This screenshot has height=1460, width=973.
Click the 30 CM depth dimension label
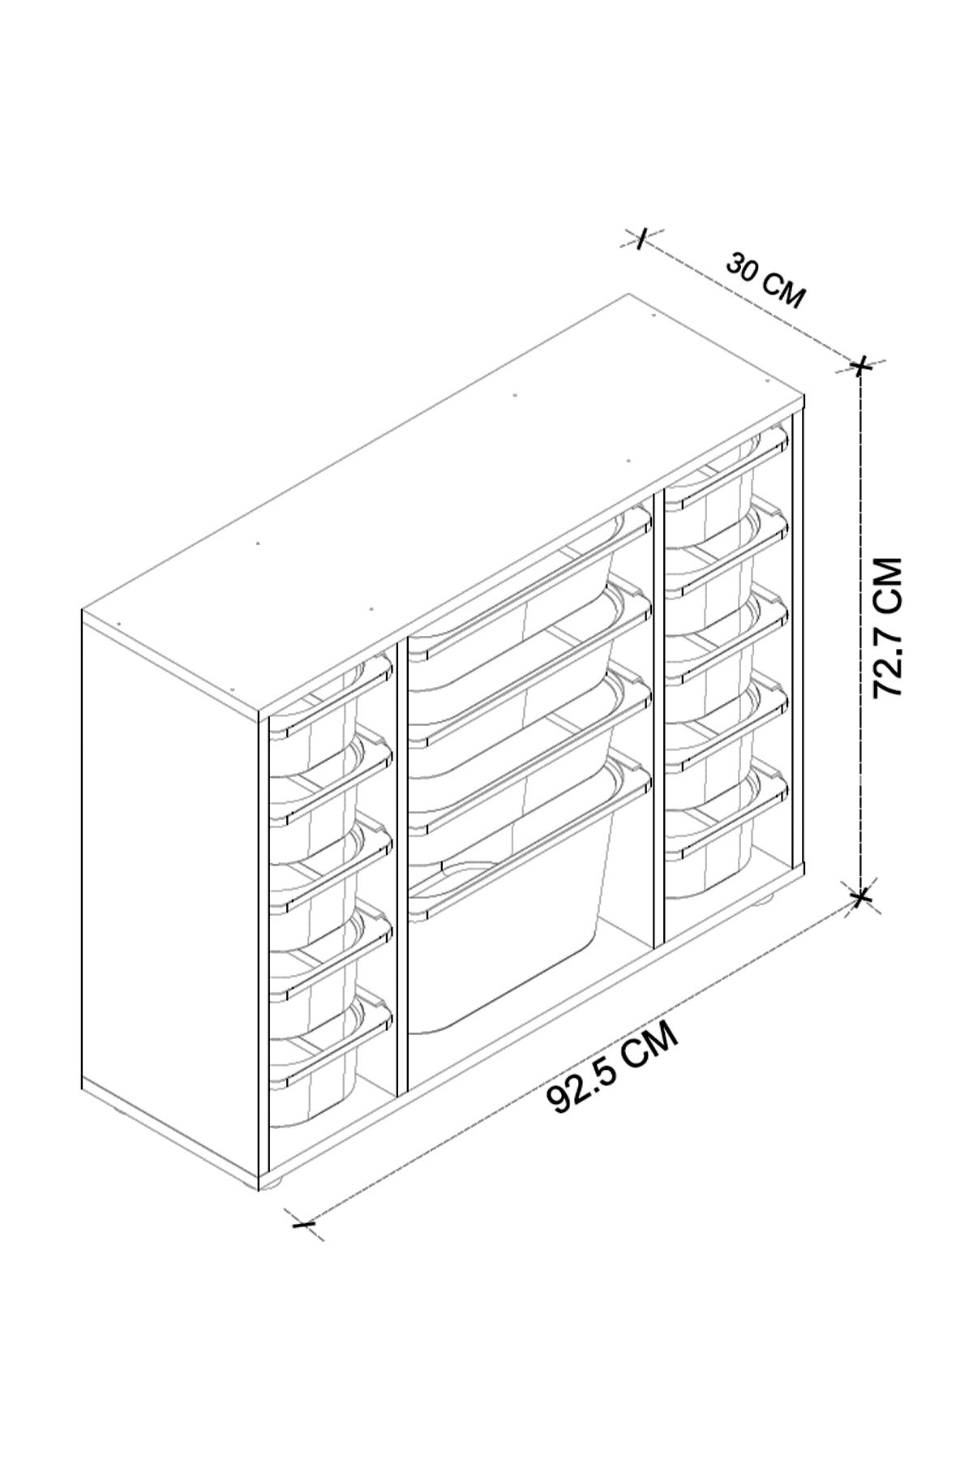click(765, 280)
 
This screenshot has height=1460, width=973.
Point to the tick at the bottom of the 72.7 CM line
click(861, 897)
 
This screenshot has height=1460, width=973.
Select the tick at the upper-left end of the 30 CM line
click(641, 238)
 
